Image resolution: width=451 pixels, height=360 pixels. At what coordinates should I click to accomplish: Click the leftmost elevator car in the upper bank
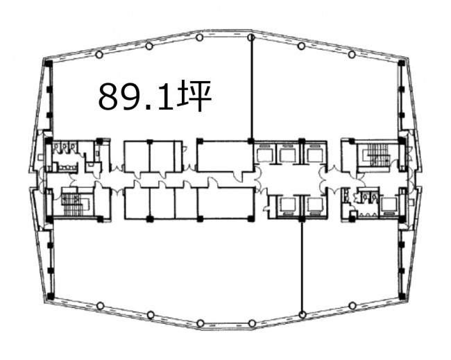click(264, 155)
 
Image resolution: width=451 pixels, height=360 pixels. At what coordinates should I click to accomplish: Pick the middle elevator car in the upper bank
click(287, 155)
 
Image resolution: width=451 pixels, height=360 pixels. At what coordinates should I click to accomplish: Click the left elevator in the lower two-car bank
click(287, 205)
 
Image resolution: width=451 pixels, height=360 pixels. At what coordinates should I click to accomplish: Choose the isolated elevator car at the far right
click(389, 205)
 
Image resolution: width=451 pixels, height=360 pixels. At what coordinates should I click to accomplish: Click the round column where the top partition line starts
click(251, 37)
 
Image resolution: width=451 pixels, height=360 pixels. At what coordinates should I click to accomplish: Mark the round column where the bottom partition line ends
click(302, 315)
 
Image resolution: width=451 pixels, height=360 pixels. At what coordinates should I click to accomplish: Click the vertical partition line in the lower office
click(302, 266)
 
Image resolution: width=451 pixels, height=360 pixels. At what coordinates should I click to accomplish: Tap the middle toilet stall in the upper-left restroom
click(65, 147)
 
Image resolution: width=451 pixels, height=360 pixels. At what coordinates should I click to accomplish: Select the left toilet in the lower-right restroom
click(366, 196)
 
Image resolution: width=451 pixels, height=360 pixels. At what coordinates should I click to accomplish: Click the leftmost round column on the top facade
click(99, 54)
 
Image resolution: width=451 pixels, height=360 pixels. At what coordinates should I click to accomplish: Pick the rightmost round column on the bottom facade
click(352, 305)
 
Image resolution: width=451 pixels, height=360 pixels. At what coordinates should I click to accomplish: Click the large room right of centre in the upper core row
click(224, 156)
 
